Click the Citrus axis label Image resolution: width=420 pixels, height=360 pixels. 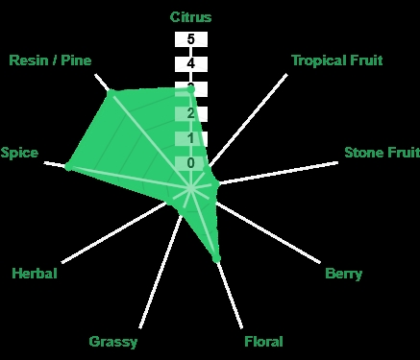coord(190,17)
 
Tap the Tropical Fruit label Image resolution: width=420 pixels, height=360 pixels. coord(337,60)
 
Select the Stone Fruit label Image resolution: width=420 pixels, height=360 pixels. coord(382,153)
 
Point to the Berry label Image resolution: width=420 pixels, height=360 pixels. coord(343,274)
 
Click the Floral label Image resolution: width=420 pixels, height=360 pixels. coord(263,342)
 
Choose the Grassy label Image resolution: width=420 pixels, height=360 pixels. coord(113,342)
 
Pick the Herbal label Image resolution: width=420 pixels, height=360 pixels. coord(35,274)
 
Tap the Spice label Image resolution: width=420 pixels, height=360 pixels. coord(19,153)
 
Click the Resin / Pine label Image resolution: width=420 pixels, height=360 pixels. coord(50,60)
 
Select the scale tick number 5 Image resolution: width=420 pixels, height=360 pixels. coord(191,39)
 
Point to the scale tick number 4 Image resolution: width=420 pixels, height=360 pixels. coord(191,63)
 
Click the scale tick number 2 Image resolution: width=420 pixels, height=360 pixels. coord(191,113)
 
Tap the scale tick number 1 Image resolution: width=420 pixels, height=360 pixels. coord(191,138)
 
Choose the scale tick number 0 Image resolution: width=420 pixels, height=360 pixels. coord(191,163)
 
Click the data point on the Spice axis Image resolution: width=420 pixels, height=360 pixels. coord(68,166)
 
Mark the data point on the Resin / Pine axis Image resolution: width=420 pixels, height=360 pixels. coord(111,94)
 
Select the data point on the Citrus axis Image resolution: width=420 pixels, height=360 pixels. coord(190,90)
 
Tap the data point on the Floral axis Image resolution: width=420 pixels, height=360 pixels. coord(216,257)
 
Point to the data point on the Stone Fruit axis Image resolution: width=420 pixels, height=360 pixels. coord(216,184)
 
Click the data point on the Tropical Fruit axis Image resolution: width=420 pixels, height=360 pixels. coord(208,169)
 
